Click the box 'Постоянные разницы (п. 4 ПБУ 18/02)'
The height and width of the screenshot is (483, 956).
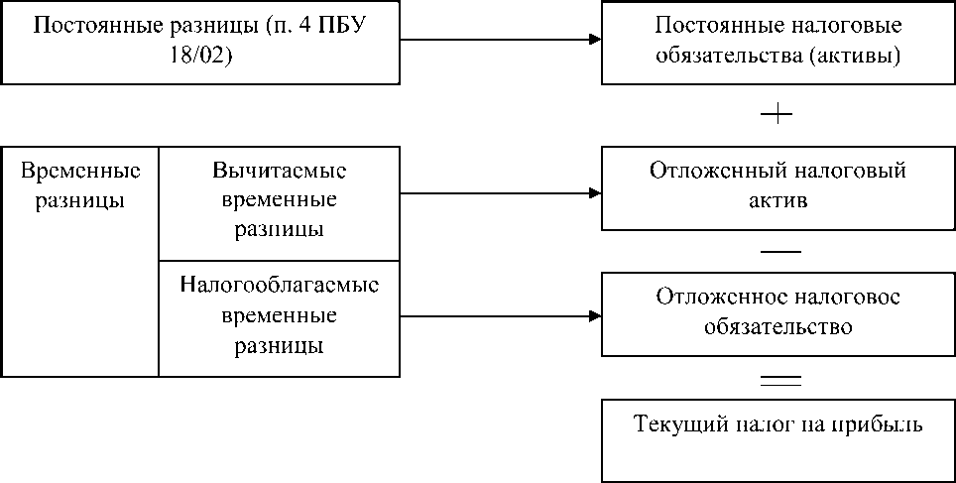tap(200, 42)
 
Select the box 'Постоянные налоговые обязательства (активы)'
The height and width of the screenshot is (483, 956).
tap(778, 42)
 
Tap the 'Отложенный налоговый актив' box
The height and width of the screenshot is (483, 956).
tap(778, 188)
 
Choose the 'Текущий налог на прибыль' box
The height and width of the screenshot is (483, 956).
tap(778, 439)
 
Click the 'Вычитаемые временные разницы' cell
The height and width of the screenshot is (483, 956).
tap(280, 203)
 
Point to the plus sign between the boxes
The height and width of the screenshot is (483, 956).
tap(777, 114)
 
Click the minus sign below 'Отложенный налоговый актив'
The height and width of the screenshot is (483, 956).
tap(779, 251)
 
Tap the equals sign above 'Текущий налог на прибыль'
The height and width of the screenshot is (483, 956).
tap(779, 378)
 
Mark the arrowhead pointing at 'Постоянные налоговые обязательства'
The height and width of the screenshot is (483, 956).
tap(594, 41)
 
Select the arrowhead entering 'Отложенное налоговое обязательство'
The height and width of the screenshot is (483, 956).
tap(594, 317)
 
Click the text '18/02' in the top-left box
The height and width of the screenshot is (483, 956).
tap(200, 56)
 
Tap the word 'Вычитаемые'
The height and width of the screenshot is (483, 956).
tap(280, 171)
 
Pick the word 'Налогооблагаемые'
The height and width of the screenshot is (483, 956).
tap(280, 286)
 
